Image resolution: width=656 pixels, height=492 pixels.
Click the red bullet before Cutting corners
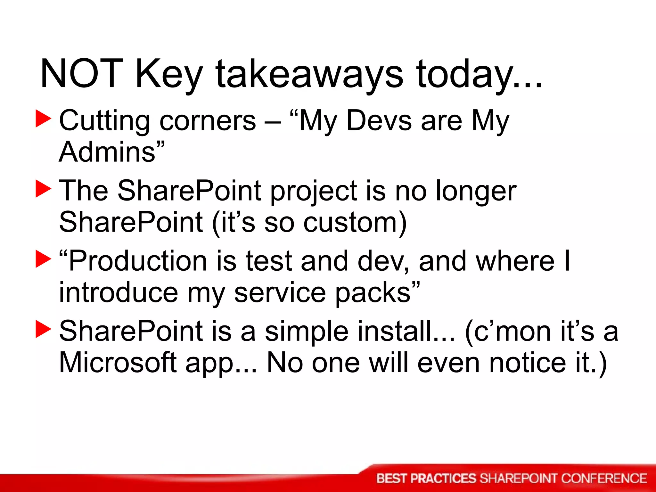(x=43, y=119)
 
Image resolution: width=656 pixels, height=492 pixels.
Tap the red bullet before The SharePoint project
(x=43, y=189)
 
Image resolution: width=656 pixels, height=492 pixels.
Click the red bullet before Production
(x=43, y=259)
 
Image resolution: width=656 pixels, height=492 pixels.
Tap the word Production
(x=138, y=261)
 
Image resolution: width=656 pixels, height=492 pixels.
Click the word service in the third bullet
(x=280, y=293)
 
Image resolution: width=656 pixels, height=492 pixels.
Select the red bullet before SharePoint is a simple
(x=43, y=329)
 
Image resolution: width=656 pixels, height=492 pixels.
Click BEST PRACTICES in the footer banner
(x=426, y=479)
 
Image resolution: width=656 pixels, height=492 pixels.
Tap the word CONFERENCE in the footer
(x=604, y=479)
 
